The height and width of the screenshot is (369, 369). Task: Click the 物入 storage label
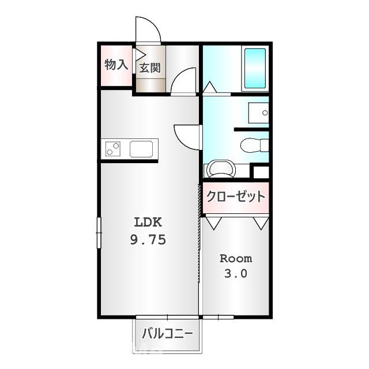pos(116,64)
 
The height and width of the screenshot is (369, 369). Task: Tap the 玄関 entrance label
pos(150,67)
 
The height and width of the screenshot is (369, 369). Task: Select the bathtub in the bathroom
pos(255,67)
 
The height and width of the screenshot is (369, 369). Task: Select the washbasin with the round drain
pos(258,112)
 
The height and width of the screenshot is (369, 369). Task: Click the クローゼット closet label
pos(236,197)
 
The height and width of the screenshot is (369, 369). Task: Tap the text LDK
pos(149,222)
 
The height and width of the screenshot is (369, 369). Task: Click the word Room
pos(236,258)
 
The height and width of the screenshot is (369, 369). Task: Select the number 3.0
pos(236,274)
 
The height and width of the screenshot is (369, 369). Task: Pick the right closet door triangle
pos(261,222)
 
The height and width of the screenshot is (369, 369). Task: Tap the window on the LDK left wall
pos(98,233)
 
